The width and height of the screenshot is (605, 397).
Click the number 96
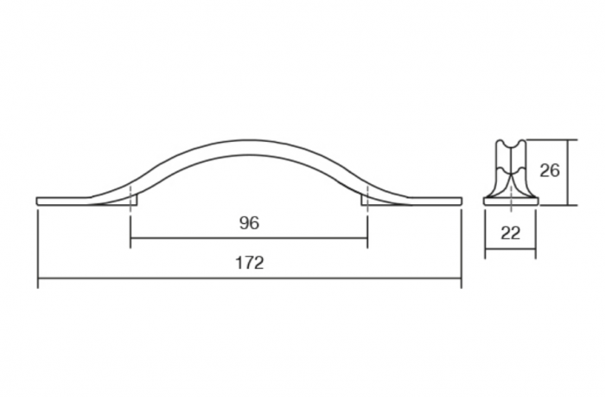coord(248,223)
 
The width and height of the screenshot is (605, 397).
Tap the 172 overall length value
coord(248,263)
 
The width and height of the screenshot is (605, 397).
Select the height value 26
coord(549,170)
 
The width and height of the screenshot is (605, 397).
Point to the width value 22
coord(510,232)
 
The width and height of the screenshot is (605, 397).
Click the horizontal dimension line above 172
coord(249,279)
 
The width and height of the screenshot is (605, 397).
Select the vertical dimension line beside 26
coord(569,172)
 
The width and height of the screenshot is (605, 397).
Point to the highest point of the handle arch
coord(249,141)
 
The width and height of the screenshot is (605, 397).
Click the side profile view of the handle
coord(510,173)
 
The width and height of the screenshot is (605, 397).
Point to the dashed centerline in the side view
coord(510,208)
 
